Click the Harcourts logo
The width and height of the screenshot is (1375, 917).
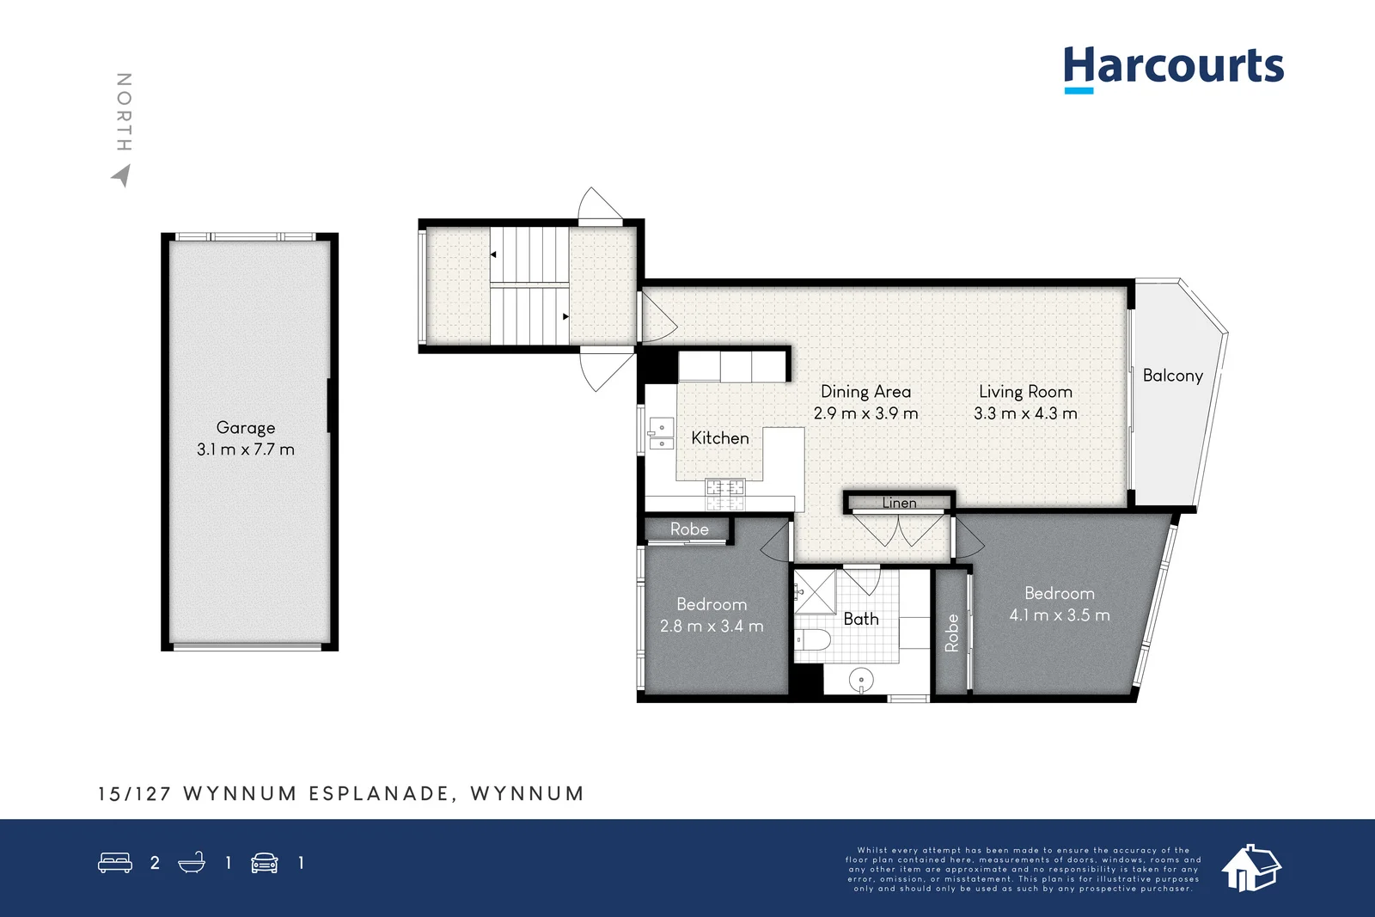pos(1173,67)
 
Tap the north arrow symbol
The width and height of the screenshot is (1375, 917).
pos(121,175)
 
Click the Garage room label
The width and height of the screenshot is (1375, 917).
pos(246,427)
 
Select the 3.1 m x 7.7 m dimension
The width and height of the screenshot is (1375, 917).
pos(246,449)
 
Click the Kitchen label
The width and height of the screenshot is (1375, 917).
pos(720,438)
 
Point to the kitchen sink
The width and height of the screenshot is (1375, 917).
pos(661,434)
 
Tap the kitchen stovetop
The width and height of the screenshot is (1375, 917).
pos(724,489)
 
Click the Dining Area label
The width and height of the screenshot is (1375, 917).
pos(865,392)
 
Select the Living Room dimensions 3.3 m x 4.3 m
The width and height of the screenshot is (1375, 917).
pos(1025,413)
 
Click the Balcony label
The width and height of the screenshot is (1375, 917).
pos(1172,376)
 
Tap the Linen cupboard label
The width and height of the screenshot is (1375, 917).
pos(899,503)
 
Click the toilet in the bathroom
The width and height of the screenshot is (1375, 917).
pos(813,639)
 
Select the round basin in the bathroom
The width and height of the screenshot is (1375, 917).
pos(861,681)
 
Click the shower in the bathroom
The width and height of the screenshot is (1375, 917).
pos(815,591)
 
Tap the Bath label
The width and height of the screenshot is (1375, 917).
pos(861,619)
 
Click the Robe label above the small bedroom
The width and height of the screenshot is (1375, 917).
pos(689,529)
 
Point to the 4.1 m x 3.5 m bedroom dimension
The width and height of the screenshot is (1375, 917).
pos(1060,615)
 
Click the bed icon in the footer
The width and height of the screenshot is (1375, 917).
pos(115,862)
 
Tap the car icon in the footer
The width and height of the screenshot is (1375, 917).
pos(265,863)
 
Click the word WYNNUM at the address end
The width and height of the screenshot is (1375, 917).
pos(527,793)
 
